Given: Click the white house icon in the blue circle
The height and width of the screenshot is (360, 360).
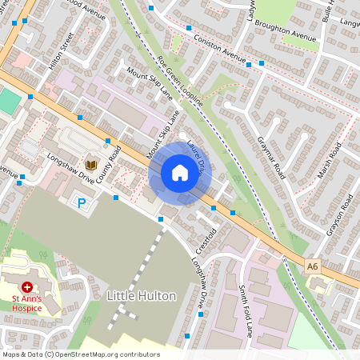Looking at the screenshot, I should click(x=180, y=173).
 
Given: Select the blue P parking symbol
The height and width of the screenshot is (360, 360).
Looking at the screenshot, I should click(x=81, y=205).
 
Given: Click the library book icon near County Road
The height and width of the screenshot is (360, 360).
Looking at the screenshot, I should click(x=91, y=164).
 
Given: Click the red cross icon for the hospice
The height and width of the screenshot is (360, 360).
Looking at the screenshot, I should click(x=27, y=286).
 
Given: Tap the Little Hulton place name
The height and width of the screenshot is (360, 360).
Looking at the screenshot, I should click(x=141, y=296).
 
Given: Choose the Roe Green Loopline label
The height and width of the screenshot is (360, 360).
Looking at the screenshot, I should click(x=180, y=81).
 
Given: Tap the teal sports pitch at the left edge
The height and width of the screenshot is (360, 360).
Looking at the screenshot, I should click(x=8, y=102).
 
